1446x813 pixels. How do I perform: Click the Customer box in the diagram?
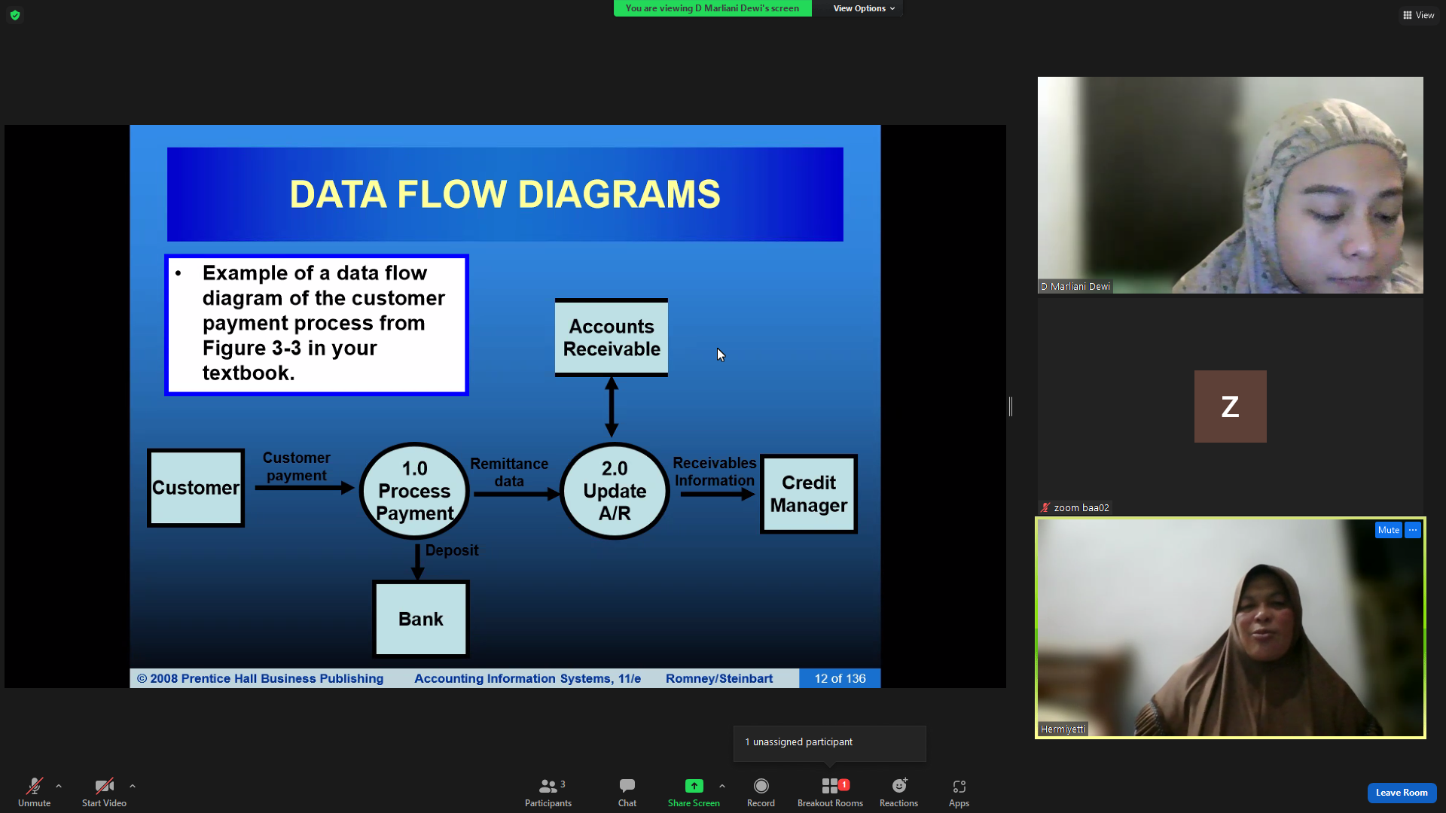pos(196,488)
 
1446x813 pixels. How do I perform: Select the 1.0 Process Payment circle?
pos(414,491)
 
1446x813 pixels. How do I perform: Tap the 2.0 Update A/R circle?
pos(615,491)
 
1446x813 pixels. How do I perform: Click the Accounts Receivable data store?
pos(612,337)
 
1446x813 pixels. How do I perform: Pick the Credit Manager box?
pos(809,494)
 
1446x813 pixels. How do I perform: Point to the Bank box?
pos(421,619)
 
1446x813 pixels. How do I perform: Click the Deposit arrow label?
pos(452,550)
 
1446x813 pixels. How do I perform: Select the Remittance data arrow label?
pos(509,472)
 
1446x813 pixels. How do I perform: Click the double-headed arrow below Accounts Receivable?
pos(612,407)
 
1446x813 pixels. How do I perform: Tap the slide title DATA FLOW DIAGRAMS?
pos(505,194)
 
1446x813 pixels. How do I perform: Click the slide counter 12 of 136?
pos(840,678)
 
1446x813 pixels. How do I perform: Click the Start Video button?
pos(104,793)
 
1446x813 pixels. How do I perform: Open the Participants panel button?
pos(548,793)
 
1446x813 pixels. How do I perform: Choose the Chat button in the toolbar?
pos(627,793)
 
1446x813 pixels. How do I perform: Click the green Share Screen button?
pos(694,793)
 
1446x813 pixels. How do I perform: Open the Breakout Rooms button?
pos(830,793)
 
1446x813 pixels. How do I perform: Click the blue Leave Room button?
pos(1402,793)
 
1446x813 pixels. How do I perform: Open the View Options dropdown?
pos(864,8)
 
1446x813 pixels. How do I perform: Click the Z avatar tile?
pos(1230,406)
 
